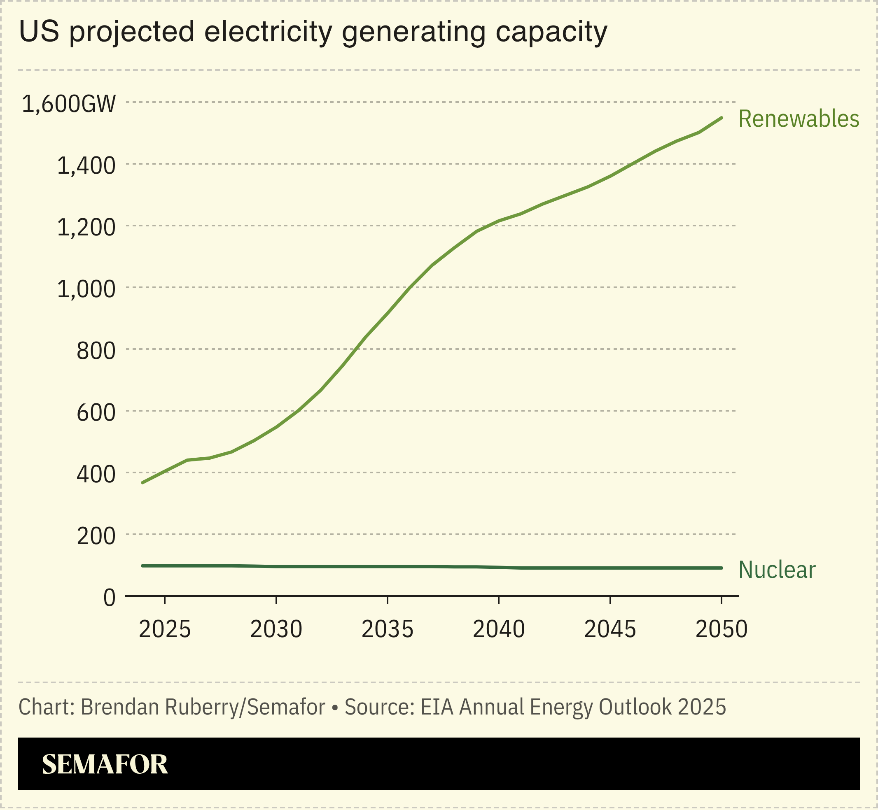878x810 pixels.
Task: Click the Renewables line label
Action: click(798, 119)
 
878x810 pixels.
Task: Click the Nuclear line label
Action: click(777, 570)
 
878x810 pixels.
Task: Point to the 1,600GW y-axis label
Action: click(69, 104)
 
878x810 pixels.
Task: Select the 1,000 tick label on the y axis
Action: click(86, 290)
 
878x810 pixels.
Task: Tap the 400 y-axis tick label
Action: click(96, 475)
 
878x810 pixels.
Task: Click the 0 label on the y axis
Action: click(109, 598)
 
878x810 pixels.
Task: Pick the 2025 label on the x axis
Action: click(164, 629)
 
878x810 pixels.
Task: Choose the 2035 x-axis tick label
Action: click(387, 629)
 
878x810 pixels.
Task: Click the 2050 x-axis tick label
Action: click(722, 629)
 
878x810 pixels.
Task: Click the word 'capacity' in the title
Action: click(551, 33)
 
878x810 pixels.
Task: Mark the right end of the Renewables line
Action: click(722, 118)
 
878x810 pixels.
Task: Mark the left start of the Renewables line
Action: click(142, 482)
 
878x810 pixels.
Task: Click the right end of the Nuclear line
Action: click(722, 568)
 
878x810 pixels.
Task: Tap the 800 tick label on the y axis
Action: click(96, 351)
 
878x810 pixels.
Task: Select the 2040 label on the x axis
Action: click(499, 629)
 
